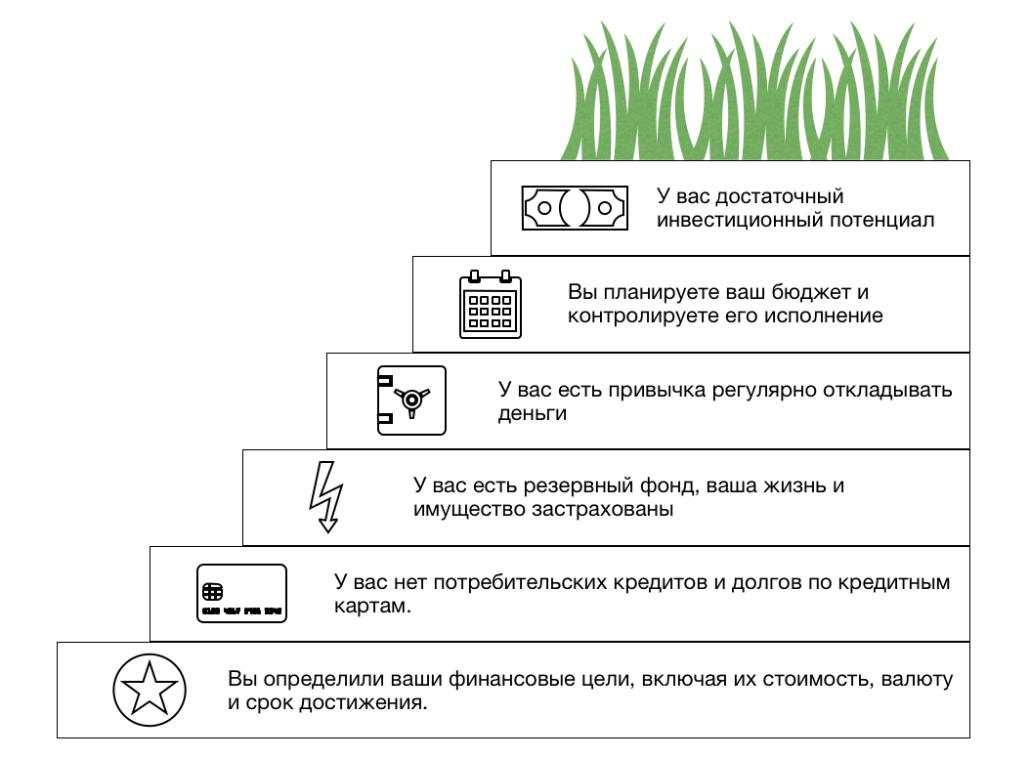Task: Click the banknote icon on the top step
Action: (573, 207)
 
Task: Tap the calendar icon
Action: (491, 304)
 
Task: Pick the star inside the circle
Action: (149, 690)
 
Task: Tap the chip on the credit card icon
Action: (212, 591)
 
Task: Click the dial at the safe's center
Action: (412, 399)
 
